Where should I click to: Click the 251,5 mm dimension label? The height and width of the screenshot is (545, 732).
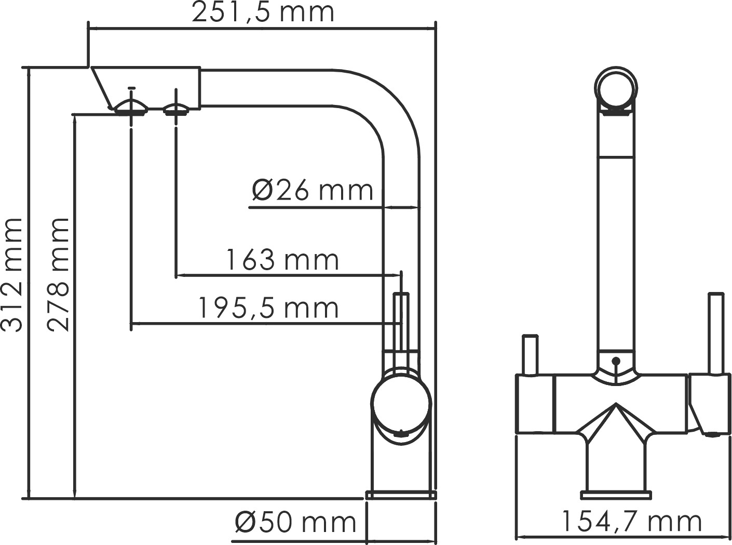(x=263, y=12)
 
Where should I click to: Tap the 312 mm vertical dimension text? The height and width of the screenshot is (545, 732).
(x=12, y=274)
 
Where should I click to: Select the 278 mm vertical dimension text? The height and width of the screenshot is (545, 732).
(x=59, y=274)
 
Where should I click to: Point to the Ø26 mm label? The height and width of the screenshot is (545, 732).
(x=313, y=190)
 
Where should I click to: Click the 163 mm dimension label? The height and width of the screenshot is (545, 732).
(x=283, y=260)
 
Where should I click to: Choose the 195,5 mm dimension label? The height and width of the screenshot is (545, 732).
(x=268, y=308)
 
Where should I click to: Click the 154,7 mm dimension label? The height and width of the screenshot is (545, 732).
(x=631, y=521)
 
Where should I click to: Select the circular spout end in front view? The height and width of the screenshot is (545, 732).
(x=616, y=88)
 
